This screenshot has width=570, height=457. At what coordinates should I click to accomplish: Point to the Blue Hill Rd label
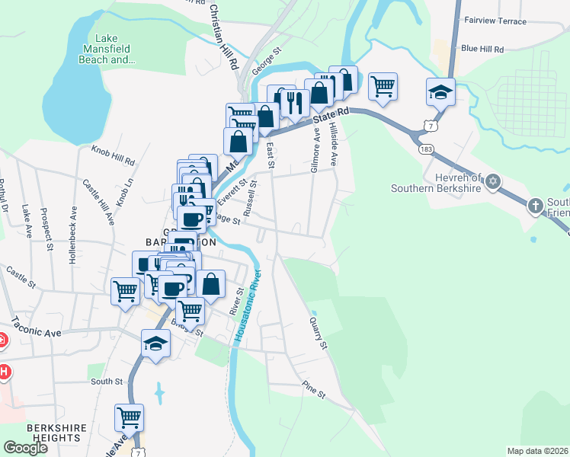pos(482,49)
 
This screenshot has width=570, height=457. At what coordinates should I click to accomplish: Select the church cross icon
pos(536,205)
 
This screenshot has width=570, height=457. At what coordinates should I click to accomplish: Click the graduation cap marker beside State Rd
pos(440,91)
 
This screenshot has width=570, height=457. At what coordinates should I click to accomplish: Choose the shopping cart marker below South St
pos(129,417)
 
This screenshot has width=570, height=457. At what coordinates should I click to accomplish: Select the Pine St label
pos(313,391)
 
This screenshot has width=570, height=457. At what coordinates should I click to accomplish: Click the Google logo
pos(25,447)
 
